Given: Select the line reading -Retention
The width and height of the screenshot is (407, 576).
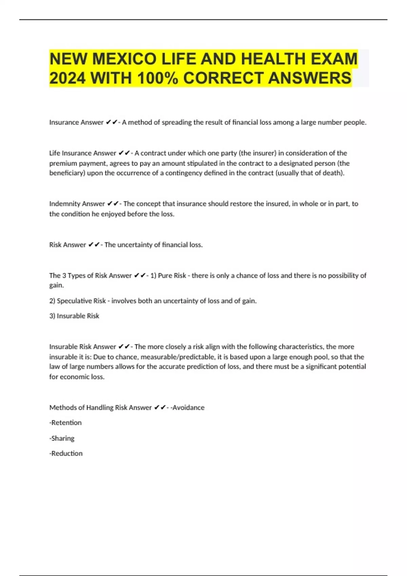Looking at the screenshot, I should click(65, 423).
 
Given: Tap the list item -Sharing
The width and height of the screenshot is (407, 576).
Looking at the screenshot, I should click(62, 438).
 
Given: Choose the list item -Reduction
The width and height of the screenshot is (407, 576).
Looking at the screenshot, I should click(66, 454).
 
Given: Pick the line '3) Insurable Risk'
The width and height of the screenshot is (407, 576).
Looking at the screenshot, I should click(74, 316).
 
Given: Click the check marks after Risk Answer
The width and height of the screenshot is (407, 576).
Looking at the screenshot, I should click(94, 245).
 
